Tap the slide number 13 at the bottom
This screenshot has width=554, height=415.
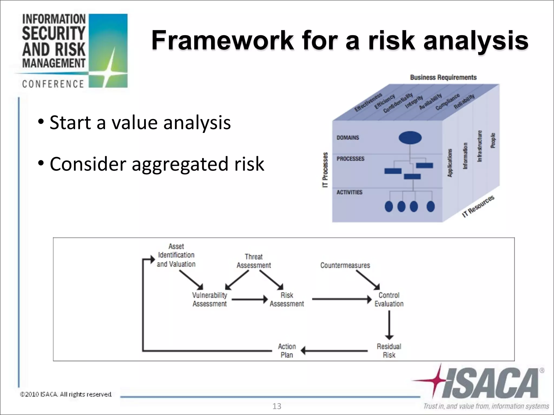[277, 406]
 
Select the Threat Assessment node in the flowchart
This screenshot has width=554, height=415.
[253, 261]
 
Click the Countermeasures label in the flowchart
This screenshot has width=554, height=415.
[345, 265]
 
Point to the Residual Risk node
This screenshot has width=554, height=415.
[389, 351]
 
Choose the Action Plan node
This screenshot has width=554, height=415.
[287, 351]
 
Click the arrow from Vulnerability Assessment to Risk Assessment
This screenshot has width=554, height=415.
[249, 299]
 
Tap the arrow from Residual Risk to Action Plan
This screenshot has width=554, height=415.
[334, 351]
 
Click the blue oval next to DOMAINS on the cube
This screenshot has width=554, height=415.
[410, 138]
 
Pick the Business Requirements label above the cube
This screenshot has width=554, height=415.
[443, 78]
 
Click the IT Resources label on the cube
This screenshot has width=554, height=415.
[478, 207]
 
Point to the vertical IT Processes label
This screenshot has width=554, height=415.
[325, 170]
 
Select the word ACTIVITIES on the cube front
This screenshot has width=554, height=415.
[349, 192]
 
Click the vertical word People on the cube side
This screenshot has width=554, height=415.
[493, 140]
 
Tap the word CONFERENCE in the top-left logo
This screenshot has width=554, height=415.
[53, 84]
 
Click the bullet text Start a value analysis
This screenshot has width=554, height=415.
[140, 122]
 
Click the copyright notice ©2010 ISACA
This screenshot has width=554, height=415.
[66, 394]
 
